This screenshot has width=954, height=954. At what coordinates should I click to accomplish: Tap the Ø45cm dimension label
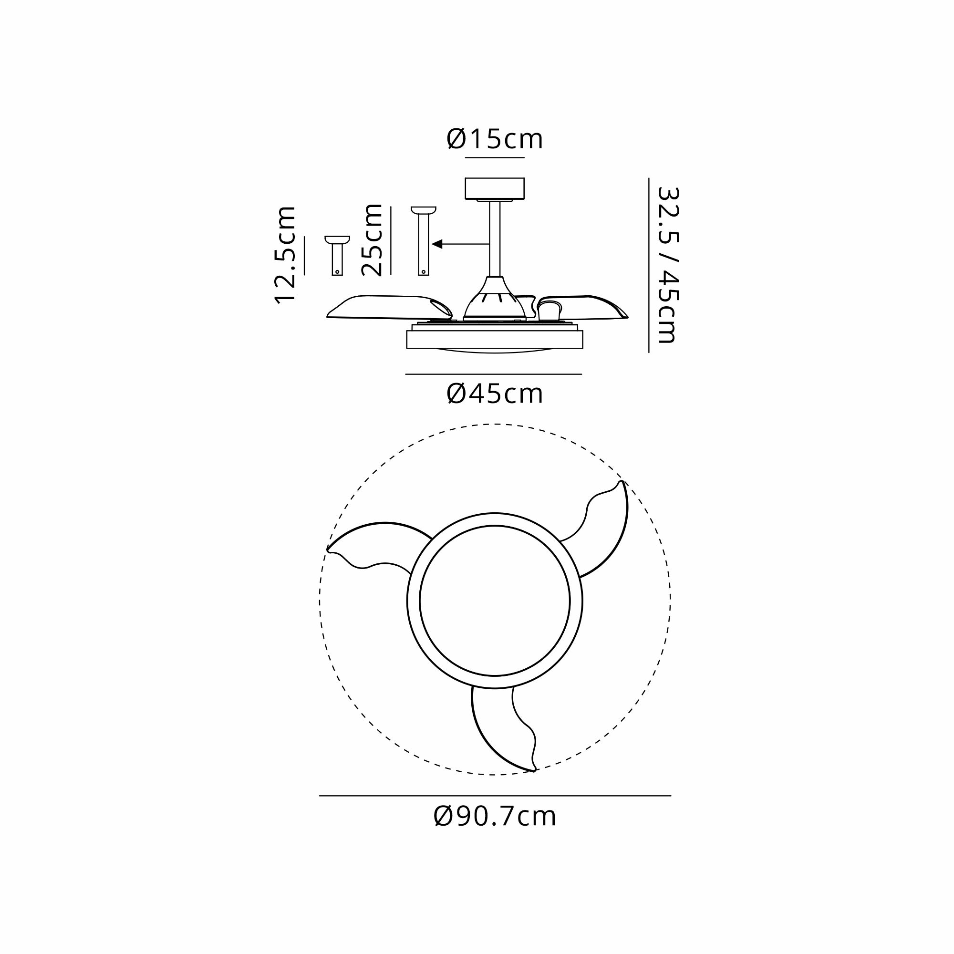495,394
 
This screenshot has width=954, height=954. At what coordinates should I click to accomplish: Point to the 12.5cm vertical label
285,255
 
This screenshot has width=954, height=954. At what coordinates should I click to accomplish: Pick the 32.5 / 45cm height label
668,265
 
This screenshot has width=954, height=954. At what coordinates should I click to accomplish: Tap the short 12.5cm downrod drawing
337,255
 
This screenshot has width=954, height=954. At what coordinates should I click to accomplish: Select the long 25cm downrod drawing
423,240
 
